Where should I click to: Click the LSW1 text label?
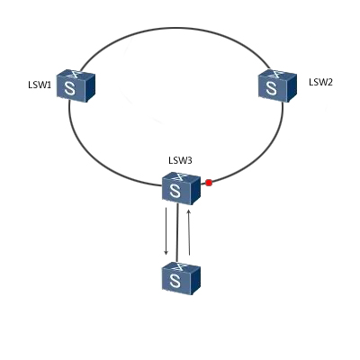[x=40, y=85]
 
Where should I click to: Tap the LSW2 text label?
[x=320, y=82]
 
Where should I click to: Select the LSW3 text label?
[x=180, y=160]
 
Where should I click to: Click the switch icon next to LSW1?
[x=76, y=86]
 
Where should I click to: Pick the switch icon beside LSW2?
[x=277, y=86]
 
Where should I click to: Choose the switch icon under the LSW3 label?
[x=181, y=188]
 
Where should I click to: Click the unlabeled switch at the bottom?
[x=181, y=278]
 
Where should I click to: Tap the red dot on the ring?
[x=209, y=183]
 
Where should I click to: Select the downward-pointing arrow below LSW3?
[x=166, y=231]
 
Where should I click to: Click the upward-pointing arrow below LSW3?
[x=189, y=232]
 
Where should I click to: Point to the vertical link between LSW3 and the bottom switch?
[x=178, y=233]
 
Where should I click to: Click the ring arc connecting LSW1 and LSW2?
[x=175, y=29]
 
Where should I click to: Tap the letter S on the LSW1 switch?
[x=70, y=88]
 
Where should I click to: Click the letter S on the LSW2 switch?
[x=272, y=88]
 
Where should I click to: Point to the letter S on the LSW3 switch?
[x=175, y=191]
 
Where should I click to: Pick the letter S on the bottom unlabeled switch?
[x=175, y=281]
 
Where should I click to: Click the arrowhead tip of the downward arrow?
[x=166, y=256]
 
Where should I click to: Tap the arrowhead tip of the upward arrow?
[x=189, y=210]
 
